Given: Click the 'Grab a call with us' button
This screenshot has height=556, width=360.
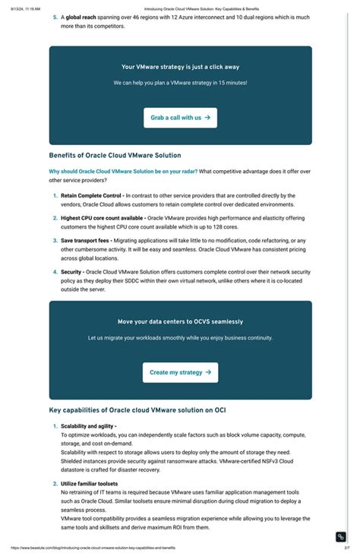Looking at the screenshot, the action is coord(180,118).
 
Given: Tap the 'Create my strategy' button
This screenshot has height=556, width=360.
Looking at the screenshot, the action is coord(180,372).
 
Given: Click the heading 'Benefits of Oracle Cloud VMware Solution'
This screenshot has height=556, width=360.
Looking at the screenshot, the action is coord(115,155).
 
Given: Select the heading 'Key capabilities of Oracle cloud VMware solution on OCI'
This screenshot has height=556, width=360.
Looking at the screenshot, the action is coord(137,410).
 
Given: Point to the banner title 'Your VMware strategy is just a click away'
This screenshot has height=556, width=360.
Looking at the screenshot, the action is coord(180,67).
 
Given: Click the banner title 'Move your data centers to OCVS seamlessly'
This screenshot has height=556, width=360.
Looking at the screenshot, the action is coord(180,321).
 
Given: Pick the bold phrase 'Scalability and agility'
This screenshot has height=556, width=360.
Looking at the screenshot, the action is coord(87,426).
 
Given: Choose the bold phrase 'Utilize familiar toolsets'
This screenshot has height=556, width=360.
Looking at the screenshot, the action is coord(89,483).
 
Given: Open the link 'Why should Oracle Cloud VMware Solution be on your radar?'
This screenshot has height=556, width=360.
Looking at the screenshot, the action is coord(123,171).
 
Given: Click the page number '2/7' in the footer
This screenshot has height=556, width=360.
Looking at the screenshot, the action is coord(346,548).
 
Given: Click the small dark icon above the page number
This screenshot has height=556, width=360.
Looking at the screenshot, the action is coord(341,536).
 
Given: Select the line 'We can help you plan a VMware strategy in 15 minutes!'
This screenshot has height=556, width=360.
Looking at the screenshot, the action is coord(180,82).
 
